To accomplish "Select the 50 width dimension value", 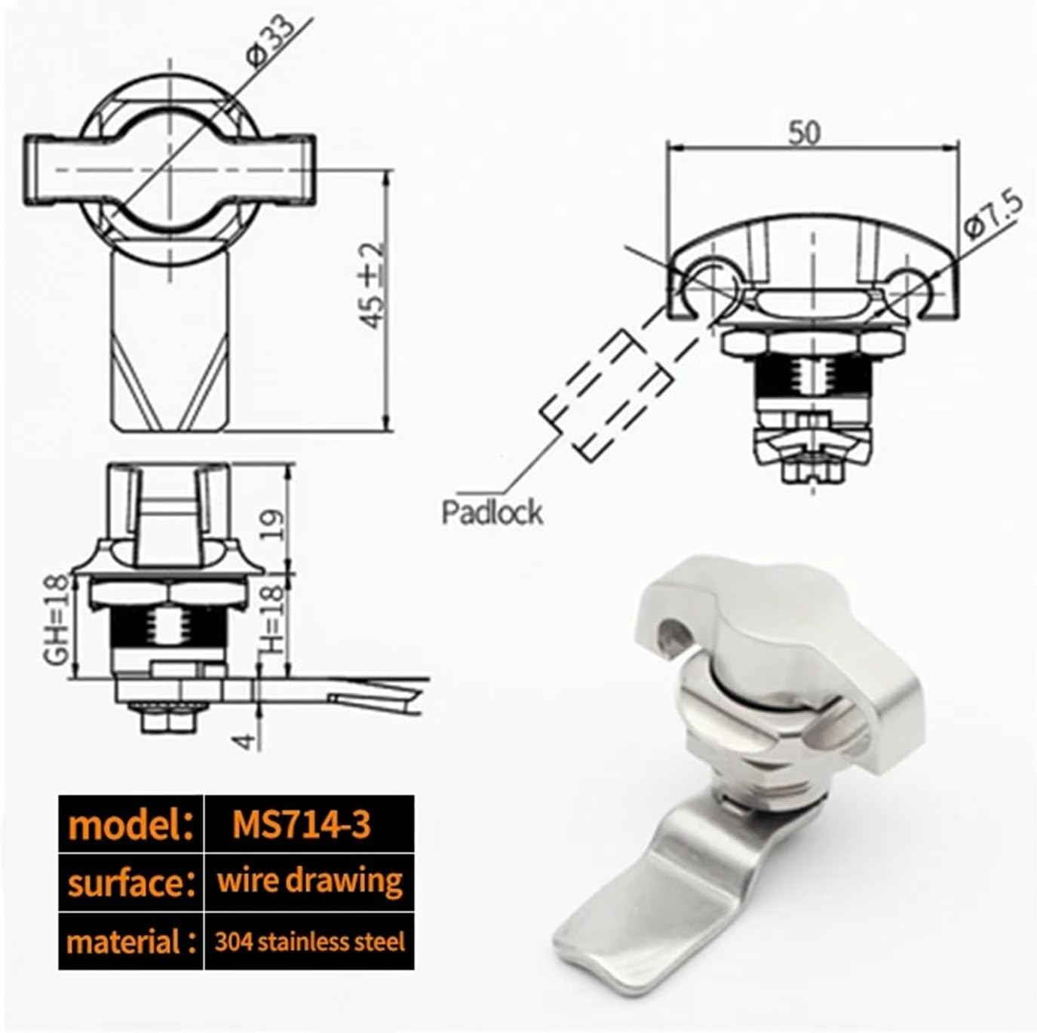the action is tap(805, 133).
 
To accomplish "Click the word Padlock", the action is tap(492, 512).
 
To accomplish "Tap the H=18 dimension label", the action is tap(273, 620).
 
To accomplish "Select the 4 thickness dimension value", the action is tap(245, 741).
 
